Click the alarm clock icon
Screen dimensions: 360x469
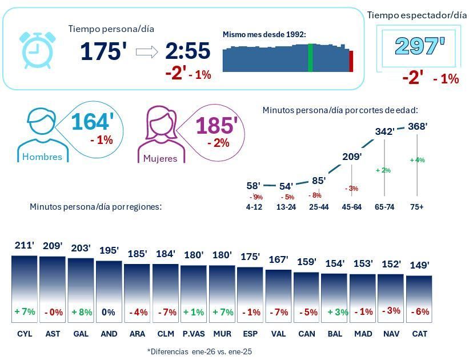pyautogui.click(x=38, y=50)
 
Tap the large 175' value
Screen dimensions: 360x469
pyautogui.click(x=103, y=51)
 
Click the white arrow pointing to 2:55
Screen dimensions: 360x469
pyautogui.click(x=147, y=53)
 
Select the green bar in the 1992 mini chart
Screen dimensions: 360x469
pyautogui.click(x=310, y=58)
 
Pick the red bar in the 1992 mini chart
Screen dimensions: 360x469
pyautogui.click(x=351, y=61)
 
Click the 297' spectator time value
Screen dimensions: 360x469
pyautogui.click(x=419, y=46)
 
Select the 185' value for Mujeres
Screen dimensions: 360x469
pyautogui.click(x=216, y=126)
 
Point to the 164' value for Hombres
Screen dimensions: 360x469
pyautogui.click(x=93, y=122)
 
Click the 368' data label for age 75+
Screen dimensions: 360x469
pyautogui.click(x=417, y=126)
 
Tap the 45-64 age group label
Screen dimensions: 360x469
pyautogui.click(x=351, y=207)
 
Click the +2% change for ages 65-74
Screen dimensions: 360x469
pyautogui.click(x=383, y=170)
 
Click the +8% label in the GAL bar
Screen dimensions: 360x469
pyautogui.click(x=81, y=312)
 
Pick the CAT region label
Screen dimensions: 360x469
pyautogui.click(x=419, y=334)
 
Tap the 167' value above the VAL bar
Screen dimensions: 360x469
pyautogui.click(x=278, y=259)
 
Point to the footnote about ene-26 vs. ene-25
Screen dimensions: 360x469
pyautogui.click(x=199, y=351)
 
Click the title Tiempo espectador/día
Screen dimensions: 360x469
pyautogui.click(x=416, y=15)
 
